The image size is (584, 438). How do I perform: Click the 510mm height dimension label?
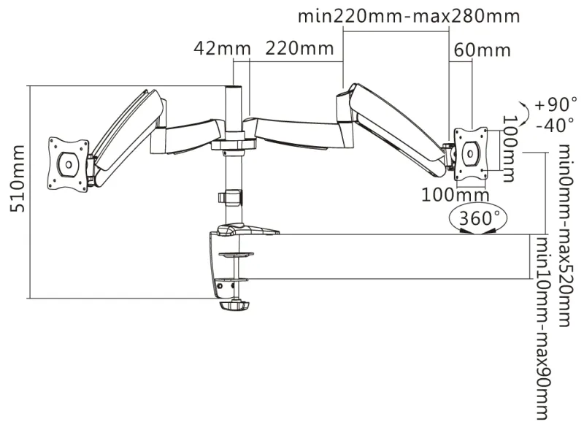pos(18,188)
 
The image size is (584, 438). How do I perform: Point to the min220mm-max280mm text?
pos(410,16)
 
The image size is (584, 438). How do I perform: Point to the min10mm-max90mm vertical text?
pos(542,328)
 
